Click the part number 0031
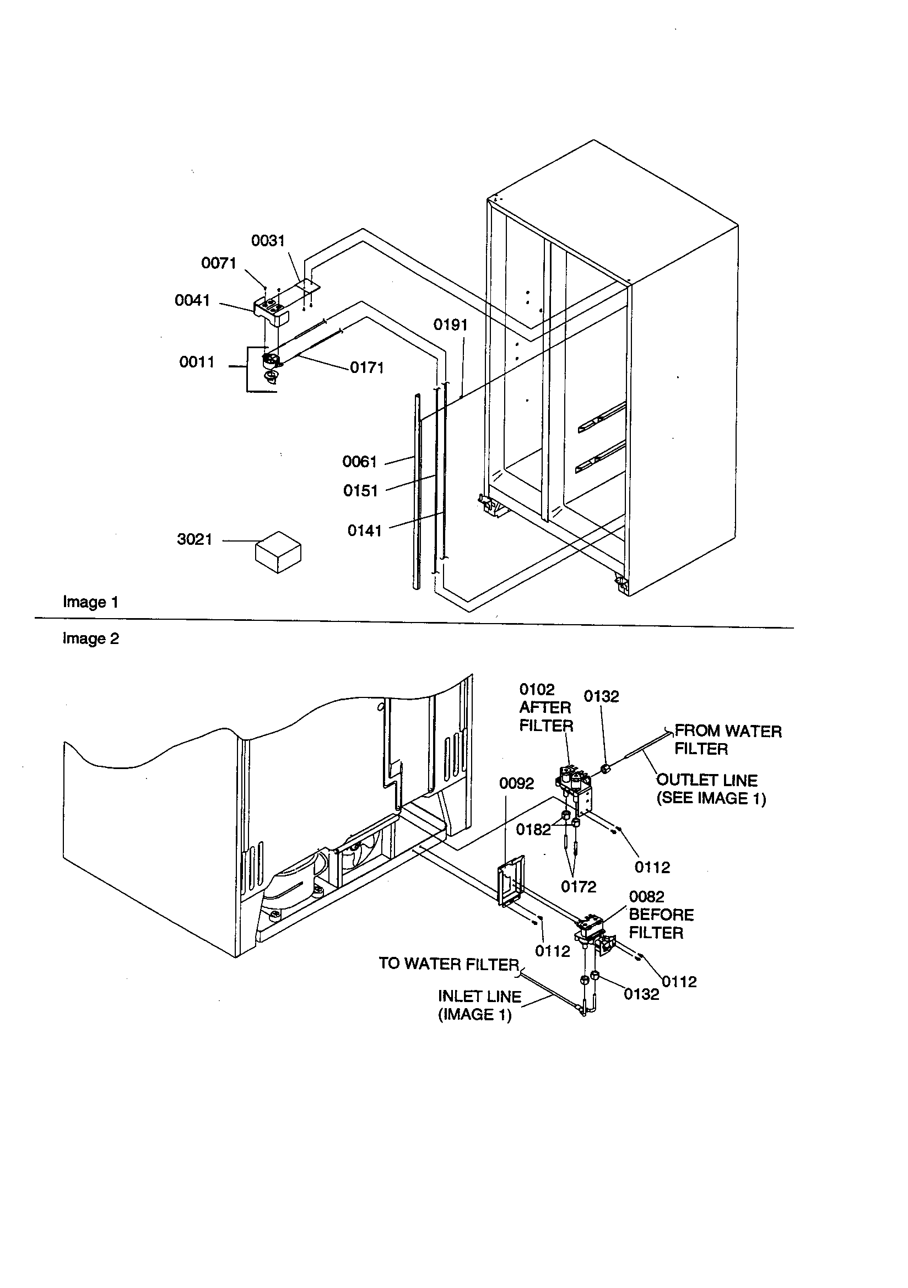(x=268, y=241)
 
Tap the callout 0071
(x=218, y=263)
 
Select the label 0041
(x=192, y=301)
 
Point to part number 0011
(x=196, y=362)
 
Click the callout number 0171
(x=366, y=368)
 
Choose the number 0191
(x=450, y=325)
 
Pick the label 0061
(x=359, y=462)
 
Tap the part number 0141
(x=364, y=531)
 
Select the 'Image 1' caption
(x=90, y=603)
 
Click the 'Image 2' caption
(x=90, y=639)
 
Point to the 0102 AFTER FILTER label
(x=545, y=707)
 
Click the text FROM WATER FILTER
(x=727, y=740)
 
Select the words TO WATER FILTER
(x=449, y=964)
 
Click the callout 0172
(x=578, y=887)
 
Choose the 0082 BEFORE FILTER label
(x=661, y=915)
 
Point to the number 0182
(x=533, y=830)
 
